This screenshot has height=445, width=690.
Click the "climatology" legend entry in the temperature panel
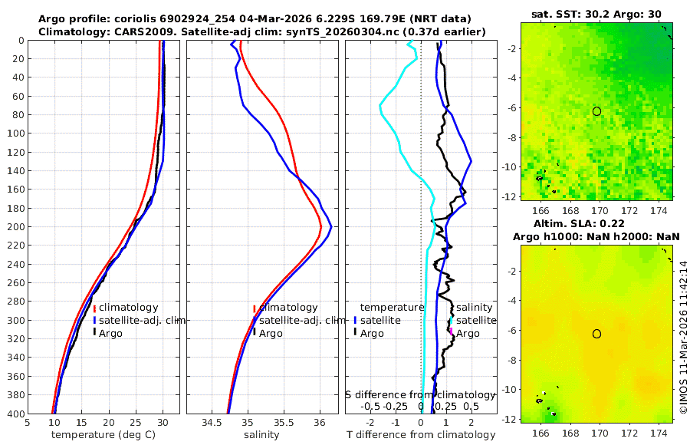[x=128, y=308]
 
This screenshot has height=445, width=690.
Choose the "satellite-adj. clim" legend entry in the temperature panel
[x=142, y=321]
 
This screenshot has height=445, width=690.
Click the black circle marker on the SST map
[x=596, y=111]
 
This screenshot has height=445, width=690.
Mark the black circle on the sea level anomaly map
[x=596, y=334]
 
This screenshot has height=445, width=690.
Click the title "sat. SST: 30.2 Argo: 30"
[x=596, y=14]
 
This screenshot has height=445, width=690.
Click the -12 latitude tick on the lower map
[x=509, y=419]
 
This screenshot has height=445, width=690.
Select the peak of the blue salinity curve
[x=330, y=226]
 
